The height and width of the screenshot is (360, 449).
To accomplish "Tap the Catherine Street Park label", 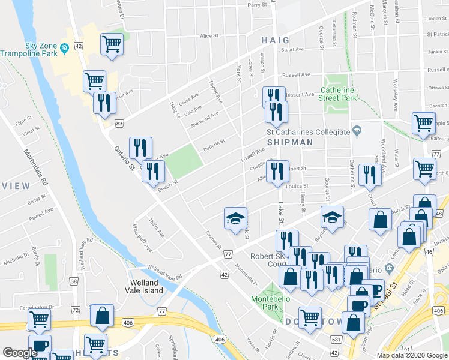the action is pos(338,94).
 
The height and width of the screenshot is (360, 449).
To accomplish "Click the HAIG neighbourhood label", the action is pos(275,40).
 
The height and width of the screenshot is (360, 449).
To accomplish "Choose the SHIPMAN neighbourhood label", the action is pos(290,142).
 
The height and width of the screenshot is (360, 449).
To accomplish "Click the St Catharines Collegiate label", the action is pos(308,132).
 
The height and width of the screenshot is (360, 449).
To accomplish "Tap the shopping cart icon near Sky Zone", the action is pos(112,44).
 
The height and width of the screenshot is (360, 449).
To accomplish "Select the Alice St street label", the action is pos(209,36).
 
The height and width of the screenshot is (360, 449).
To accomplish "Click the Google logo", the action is pos(20,353).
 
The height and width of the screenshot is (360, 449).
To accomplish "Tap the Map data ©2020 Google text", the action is pos(412,355).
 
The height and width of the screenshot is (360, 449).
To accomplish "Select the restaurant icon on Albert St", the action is pos(277,172).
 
